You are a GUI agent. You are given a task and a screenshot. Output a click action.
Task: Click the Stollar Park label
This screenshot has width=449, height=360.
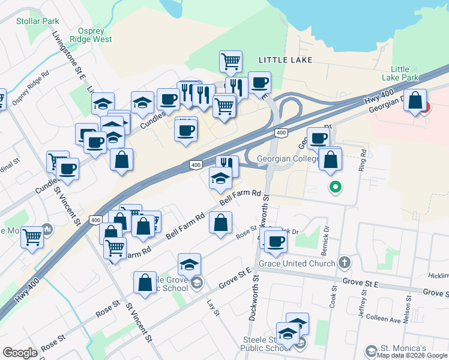click(x=37, y=22)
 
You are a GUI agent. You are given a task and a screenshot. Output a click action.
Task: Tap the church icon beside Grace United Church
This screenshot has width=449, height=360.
click(x=345, y=262)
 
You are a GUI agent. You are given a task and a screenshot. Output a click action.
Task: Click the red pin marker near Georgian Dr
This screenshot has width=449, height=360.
click(x=426, y=107)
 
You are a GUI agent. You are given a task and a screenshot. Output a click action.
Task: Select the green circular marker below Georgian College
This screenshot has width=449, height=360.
click(x=336, y=188)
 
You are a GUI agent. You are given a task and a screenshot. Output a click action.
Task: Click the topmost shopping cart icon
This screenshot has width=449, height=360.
click(x=231, y=61)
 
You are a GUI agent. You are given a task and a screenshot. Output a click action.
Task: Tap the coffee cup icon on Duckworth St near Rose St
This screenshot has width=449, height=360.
click(x=276, y=241)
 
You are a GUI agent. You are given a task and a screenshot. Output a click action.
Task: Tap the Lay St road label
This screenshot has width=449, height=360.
click(x=211, y=307)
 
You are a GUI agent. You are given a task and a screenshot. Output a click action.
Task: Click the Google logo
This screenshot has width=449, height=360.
click(x=20, y=352)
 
